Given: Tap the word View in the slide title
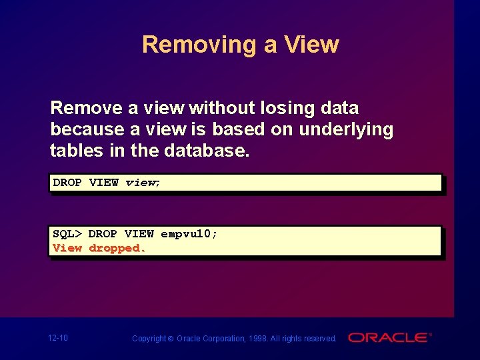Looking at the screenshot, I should (311, 45).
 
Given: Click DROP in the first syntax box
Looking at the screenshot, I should (67, 183).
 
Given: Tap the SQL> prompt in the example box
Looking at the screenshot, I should (67, 234).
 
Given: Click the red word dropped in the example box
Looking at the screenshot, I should (117, 248).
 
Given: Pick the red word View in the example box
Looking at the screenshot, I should (67, 248).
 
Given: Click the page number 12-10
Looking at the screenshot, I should (58, 338).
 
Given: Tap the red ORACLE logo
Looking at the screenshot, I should (389, 338).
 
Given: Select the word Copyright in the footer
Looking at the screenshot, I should (149, 339).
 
